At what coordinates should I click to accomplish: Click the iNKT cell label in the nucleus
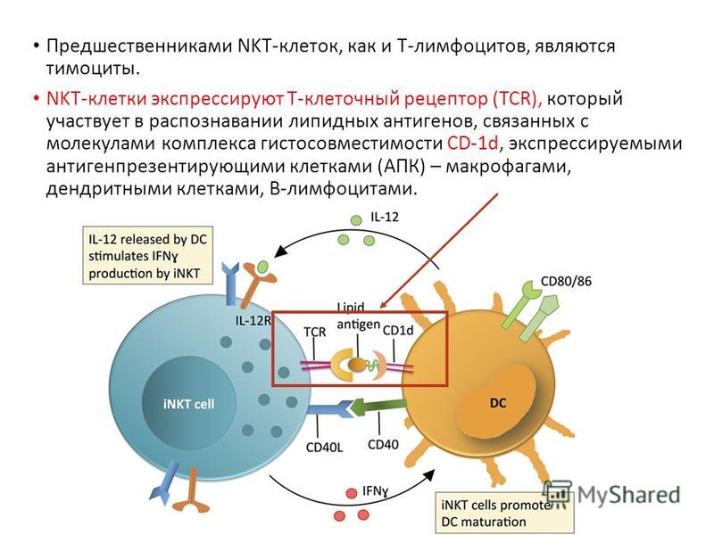coord(188,404)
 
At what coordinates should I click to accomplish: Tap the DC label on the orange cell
coord(498,403)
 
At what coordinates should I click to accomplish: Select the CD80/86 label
coord(566,282)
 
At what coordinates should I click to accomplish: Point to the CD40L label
coord(324,448)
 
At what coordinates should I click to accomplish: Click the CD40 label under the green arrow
coord(383,444)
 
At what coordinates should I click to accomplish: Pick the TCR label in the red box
coord(315,332)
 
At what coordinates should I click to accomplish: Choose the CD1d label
coord(398,330)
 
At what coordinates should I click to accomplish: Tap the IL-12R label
coord(253,320)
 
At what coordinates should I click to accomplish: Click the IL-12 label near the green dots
coord(385,217)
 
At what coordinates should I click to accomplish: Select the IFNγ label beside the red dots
coord(376,491)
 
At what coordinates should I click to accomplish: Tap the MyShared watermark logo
coord(611,495)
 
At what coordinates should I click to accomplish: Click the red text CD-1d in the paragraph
coord(473,144)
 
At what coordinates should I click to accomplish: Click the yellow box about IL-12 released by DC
coord(147,256)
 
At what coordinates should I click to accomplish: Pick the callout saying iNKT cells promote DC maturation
coord(502,514)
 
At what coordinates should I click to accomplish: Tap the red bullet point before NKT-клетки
coord(37,99)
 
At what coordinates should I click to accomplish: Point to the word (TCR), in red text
coord(517,99)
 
